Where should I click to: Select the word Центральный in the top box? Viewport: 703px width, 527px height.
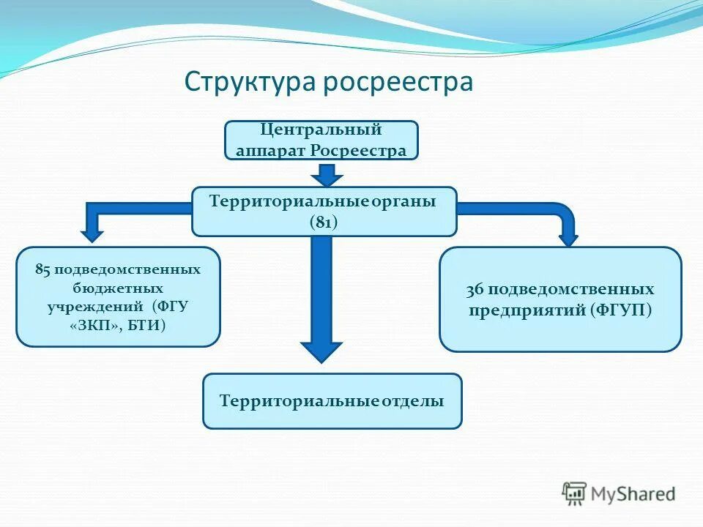[x=321, y=130]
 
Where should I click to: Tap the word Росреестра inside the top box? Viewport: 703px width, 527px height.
[x=358, y=152]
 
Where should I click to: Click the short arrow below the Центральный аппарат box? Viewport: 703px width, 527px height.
[x=327, y=175]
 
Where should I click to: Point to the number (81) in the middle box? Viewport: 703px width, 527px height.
[x=323, y=223]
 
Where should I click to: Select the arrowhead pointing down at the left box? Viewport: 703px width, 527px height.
[x=92, y=235]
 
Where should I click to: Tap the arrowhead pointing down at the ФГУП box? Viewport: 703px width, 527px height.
[x=568, y=239]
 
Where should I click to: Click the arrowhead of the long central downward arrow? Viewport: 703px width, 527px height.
[x=321, y=352]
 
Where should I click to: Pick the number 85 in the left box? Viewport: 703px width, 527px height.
[x=42, y=269]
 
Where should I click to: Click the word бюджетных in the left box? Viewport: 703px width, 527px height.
[x=117, y=288]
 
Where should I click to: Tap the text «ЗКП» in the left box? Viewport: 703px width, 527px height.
[x=95, y=324]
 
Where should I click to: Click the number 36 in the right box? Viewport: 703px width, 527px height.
[x=475, y=289]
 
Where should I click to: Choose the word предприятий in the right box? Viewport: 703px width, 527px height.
[x=527, y=310]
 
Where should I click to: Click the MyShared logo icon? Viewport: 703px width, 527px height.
[x=575, y=493]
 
